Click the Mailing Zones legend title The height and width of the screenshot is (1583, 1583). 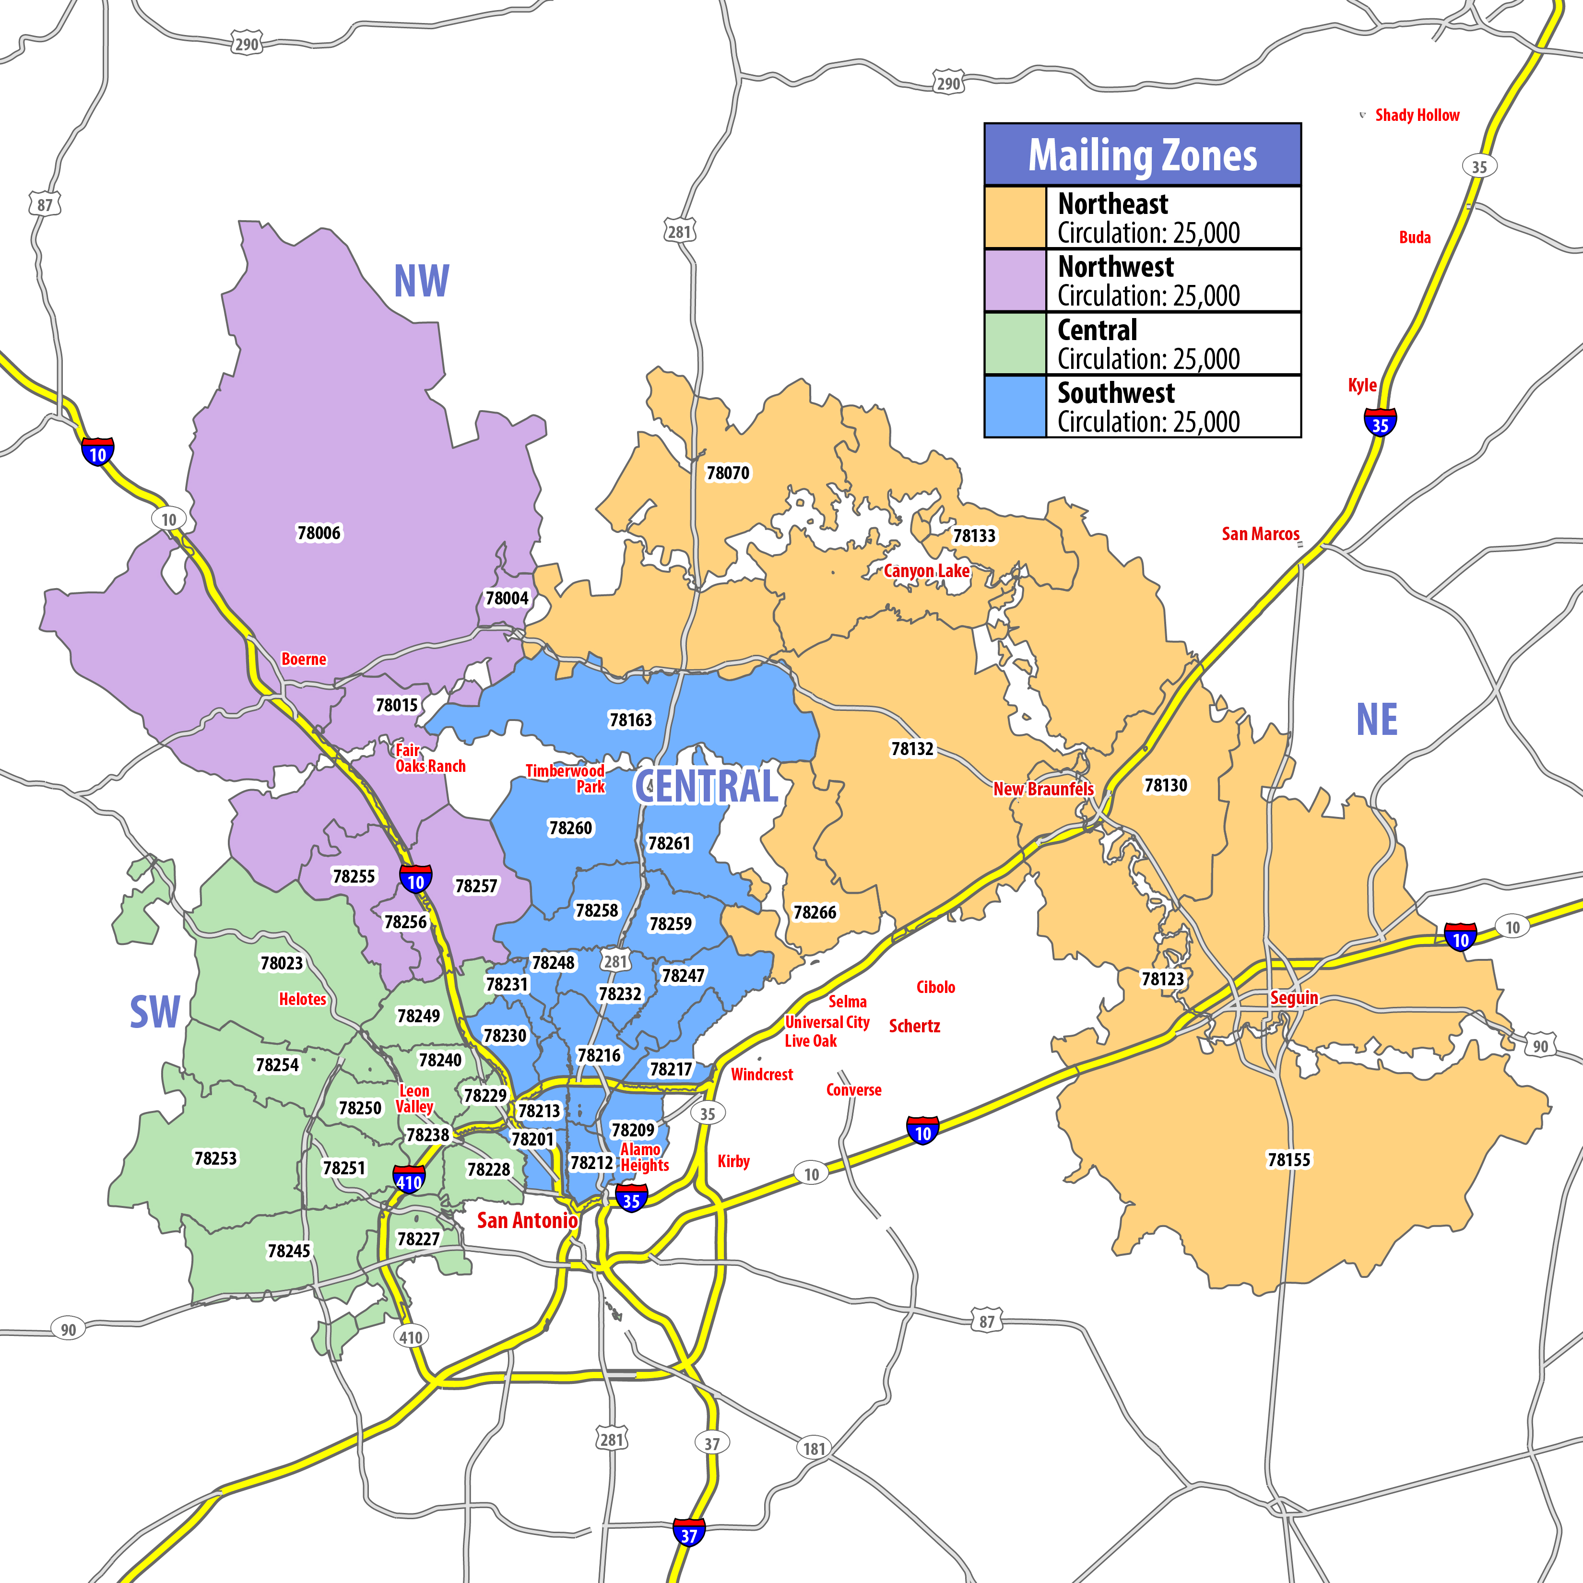coord(1142,156)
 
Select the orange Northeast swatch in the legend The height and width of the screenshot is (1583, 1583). coord(1015,218)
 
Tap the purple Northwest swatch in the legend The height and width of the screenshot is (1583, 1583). coord(1015,280)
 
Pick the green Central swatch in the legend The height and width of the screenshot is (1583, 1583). coord(1015,343)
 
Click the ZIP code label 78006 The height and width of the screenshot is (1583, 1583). coord(318,533)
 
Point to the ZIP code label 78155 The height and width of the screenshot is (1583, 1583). coord(1289,1159)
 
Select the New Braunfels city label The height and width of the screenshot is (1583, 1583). coord(1043,789)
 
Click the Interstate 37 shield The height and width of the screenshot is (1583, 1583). coord(689,1535)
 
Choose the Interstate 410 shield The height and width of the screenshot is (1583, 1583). coord(409,1181)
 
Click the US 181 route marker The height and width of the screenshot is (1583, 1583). coord(814,1449)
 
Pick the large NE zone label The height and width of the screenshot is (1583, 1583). coord(1377,720)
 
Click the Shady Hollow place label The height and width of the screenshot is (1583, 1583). coord(1417,116)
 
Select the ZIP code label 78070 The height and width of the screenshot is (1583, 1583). coord(728,473)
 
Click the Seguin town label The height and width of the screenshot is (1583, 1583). coord(1294,998)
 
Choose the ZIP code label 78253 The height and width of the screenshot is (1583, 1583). coord(215,1158)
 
